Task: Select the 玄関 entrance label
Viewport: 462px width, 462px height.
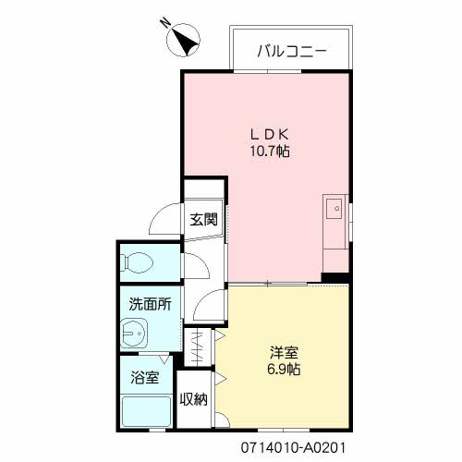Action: [x=204, y=220]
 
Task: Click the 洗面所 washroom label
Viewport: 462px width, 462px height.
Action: [x=149, y=303]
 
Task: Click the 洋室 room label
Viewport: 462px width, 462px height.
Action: [x=283, y=353]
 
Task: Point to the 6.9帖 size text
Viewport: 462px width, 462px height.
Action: [x=283, y=370]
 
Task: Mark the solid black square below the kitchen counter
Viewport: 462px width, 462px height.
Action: [x=335, y=276]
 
